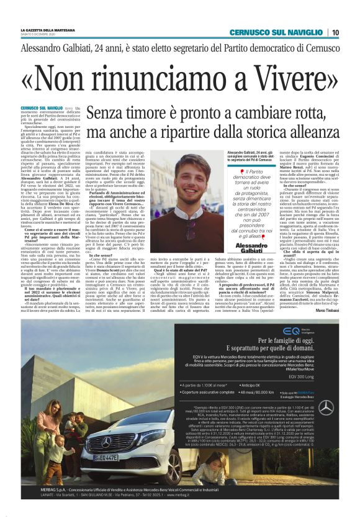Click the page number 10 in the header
pos(335,32)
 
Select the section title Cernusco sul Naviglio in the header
pos(276,32)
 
